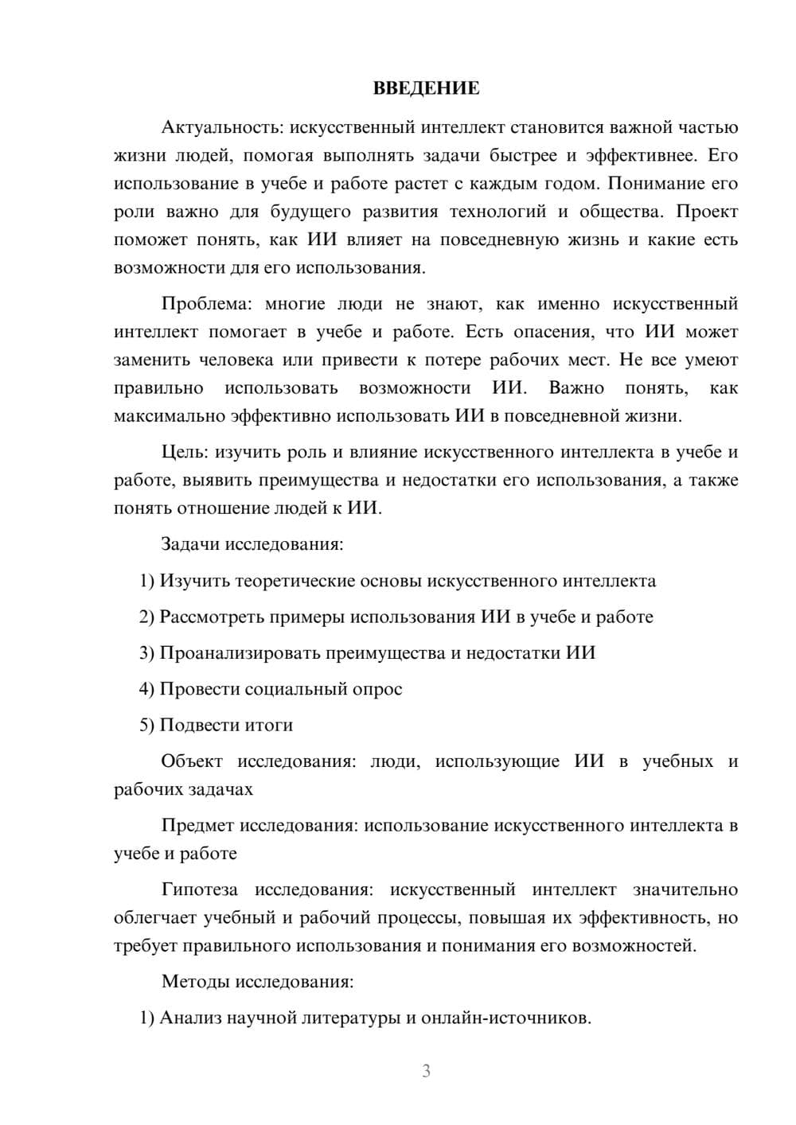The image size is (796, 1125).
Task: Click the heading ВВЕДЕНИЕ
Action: [x=426, y=88]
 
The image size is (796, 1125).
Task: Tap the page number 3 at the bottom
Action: [x=426, y=1071]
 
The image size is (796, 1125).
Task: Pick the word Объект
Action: [x=192, y=761]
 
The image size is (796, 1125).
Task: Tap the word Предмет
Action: [x=197, y=825]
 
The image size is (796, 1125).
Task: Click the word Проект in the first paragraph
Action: [x=708, y=212]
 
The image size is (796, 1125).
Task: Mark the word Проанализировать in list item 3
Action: [x=232, y=653]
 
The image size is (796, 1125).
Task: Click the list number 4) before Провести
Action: [x=146, y=689]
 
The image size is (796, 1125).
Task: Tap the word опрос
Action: [x=377, y=689]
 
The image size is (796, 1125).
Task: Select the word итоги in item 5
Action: [x=267, y=726]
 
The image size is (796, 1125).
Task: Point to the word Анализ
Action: [x=189, y=1018]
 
